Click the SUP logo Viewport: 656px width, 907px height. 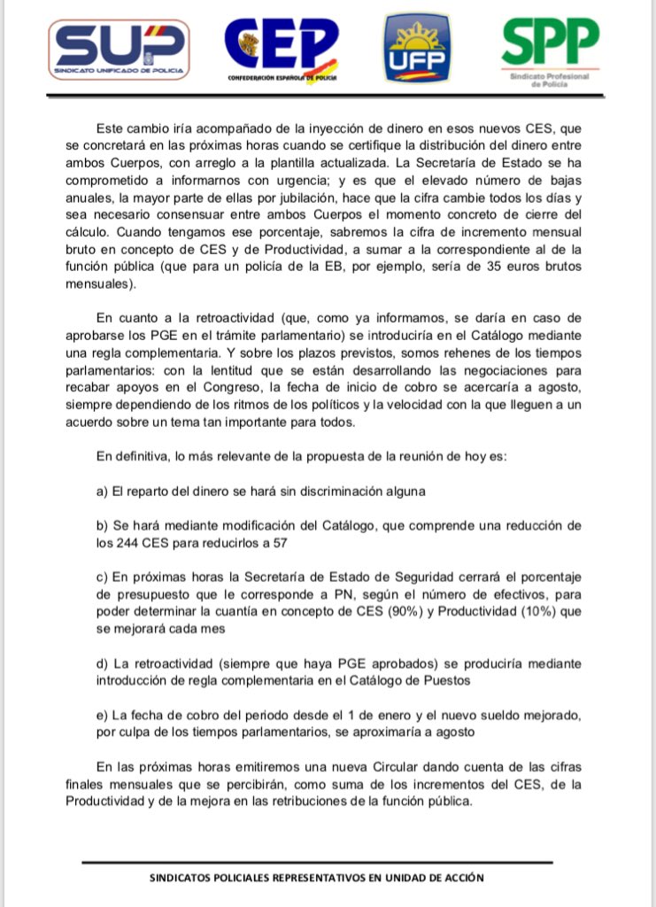click(x=120, y=46)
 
